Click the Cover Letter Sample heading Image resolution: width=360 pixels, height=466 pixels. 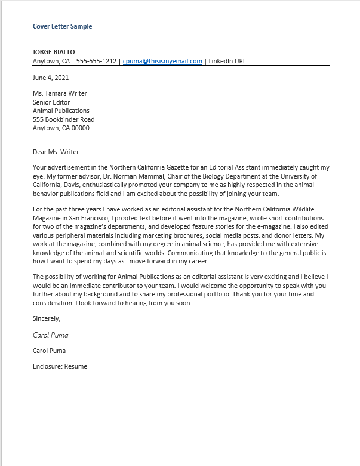(x=63, y=26)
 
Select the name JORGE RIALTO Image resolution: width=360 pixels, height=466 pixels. (x=54, y=52)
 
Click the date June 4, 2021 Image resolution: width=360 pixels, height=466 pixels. (x=51, y=78)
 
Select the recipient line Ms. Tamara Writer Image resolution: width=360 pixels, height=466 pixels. (x=60, y=94)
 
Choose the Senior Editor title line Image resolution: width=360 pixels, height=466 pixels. (x=52, y=102)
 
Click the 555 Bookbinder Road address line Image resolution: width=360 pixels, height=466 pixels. (x=64, y=119)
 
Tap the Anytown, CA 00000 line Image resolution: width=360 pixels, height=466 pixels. (x=61, y=128)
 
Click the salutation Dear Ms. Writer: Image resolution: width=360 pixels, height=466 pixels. (x=57, y=152)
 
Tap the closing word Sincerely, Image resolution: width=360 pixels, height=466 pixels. (x=47, y=319)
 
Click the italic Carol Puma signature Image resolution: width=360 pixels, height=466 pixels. (x=50, y=335)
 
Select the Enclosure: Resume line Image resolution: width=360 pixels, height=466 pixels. (x=60, y=366)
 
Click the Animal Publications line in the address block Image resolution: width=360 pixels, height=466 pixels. (x=61, y=111)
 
